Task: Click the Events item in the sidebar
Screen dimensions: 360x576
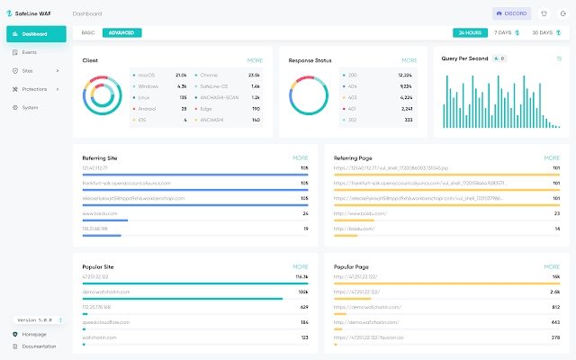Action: (x=30, y=52)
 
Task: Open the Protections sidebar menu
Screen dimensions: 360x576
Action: (x=35, y=89)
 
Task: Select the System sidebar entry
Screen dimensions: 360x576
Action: (x=30, y=107)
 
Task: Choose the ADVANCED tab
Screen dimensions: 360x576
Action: (x=121, y=32)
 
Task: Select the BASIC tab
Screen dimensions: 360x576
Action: (x=88, y=32)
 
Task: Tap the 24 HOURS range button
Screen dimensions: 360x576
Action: (x=469, y=32)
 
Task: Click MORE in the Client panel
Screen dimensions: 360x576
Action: (x=256, y=60)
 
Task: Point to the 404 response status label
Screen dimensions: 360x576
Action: (x=352, y=85)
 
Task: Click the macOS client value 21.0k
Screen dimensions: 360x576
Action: (x=181, y=75)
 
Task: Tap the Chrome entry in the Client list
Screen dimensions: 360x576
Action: (x=211, y=75)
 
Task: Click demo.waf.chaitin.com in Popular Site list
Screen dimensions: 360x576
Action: (x=105, y=292)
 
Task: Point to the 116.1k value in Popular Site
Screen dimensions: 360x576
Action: (x=300, y=277)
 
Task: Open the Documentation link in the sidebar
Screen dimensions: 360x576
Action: (x=39, y=346)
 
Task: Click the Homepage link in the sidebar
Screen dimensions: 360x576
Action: (x=34, y=334)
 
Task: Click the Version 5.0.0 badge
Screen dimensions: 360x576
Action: (x=34, y=319)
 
